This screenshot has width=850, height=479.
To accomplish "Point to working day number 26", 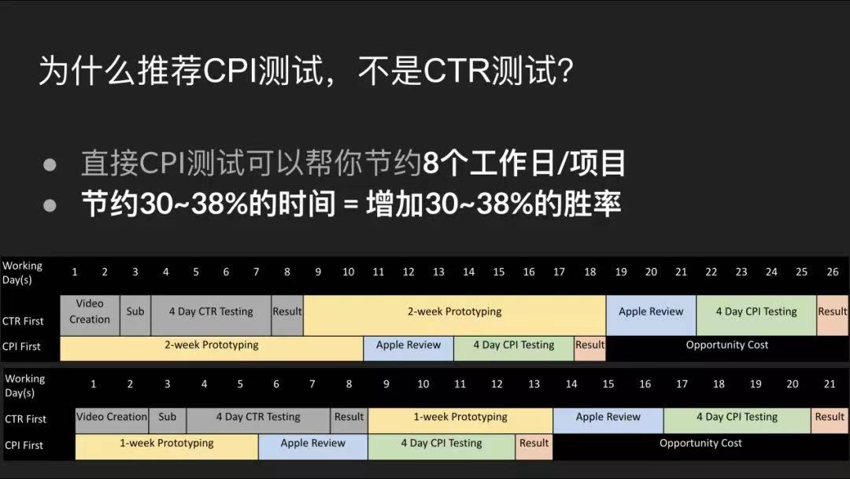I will tap(832, 272).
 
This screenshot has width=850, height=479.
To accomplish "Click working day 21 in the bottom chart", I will tap(830, 385).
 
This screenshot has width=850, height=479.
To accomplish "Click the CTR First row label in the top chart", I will tap(23, 321).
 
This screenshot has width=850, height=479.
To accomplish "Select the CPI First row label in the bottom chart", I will tap(24, 445).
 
